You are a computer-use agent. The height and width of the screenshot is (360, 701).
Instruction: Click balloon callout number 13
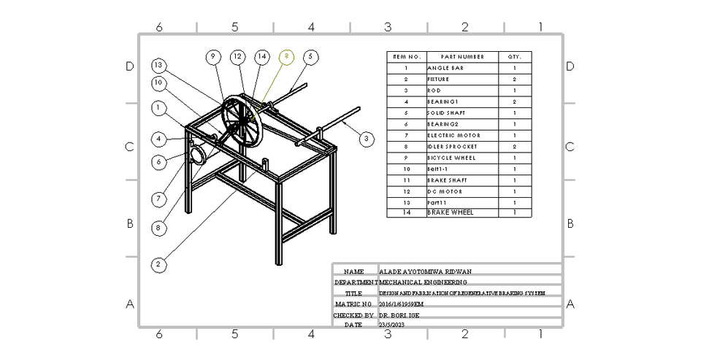point(158,65)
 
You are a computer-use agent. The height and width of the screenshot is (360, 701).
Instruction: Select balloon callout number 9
point(213,56)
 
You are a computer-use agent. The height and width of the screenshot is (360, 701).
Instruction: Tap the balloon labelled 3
point(367,137)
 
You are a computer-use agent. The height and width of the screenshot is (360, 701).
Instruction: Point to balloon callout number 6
point(158,161)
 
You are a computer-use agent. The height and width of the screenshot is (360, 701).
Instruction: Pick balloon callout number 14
point(261,56)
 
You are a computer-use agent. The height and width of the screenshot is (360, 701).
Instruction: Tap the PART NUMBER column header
point(462,56)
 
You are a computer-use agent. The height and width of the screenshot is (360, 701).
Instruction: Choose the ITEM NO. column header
point(406,56)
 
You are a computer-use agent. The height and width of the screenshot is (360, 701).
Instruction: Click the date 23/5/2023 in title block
point(392,324)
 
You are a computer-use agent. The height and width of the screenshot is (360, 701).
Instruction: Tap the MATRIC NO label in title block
point(354,303)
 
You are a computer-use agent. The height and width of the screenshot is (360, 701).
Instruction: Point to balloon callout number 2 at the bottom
point(158,264)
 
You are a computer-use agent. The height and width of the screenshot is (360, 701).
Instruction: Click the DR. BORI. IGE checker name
point(399,315)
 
